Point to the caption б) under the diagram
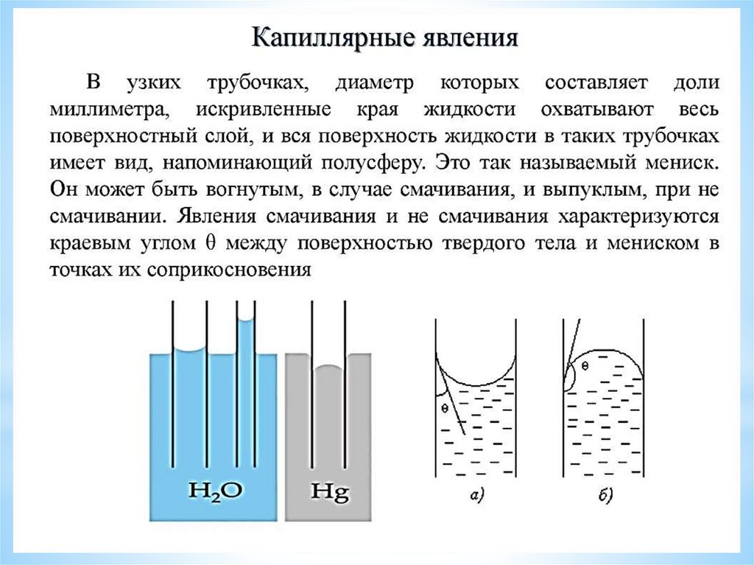coord(605,497)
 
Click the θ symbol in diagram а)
coord(444,407)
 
